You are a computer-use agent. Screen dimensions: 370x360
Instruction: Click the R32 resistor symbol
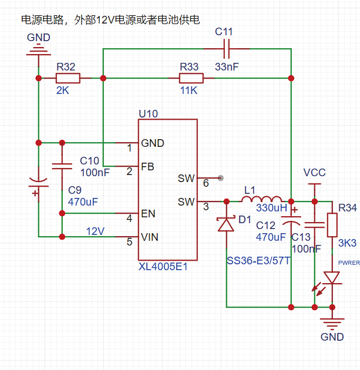coord(68,78)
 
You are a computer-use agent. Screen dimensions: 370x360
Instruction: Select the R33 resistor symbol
coord(191,78)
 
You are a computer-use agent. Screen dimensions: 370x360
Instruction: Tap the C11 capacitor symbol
coord(226,49)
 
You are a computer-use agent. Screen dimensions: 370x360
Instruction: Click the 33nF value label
coord(227,67)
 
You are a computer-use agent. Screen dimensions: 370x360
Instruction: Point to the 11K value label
coord(190,92)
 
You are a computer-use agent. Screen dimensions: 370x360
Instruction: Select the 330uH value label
coord(271,207)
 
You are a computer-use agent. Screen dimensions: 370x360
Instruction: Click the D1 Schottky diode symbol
coord(227,224)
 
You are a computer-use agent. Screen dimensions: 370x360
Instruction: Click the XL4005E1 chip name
coord(163,267)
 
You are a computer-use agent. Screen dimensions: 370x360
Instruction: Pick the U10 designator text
coord(148,113)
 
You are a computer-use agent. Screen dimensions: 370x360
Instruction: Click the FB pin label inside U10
coord(147,167)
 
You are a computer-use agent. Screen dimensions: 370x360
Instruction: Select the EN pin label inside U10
coord(148,214)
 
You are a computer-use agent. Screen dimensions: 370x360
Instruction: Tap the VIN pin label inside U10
coord(150,237)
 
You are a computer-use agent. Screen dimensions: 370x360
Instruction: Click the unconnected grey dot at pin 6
coord(221,177)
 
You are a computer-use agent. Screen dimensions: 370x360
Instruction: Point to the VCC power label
coord(314,173)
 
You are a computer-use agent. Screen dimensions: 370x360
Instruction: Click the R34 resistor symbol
coord(332,224)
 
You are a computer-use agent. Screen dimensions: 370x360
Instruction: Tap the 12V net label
coord(96,231)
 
